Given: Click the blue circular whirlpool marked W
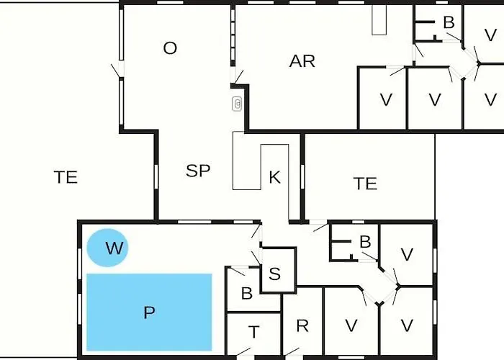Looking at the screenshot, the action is [x=108, y=248].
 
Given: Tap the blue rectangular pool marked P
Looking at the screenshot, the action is [x=149, y=312].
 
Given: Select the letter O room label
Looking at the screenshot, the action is [x=170, y=48].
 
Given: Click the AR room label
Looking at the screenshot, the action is [x=302, y=61].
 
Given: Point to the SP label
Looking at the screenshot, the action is [x=198, y=171].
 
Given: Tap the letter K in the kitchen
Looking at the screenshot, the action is [x=274, y=177].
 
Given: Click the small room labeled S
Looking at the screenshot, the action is [x=279, y=270].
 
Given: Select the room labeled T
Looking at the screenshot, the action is [x=254, y=334].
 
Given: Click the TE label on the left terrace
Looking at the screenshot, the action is [x=66, y=177].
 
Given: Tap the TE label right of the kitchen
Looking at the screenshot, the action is [x=365, y=183].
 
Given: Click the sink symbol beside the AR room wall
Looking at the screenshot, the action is [x=237, y=104].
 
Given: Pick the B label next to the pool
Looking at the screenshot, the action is [x=246, y=294].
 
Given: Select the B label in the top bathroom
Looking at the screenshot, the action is [x=449, y=22].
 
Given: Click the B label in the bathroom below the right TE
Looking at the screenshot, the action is [x=365, y=242].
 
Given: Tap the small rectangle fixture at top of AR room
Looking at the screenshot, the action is [x=379, y=19].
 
